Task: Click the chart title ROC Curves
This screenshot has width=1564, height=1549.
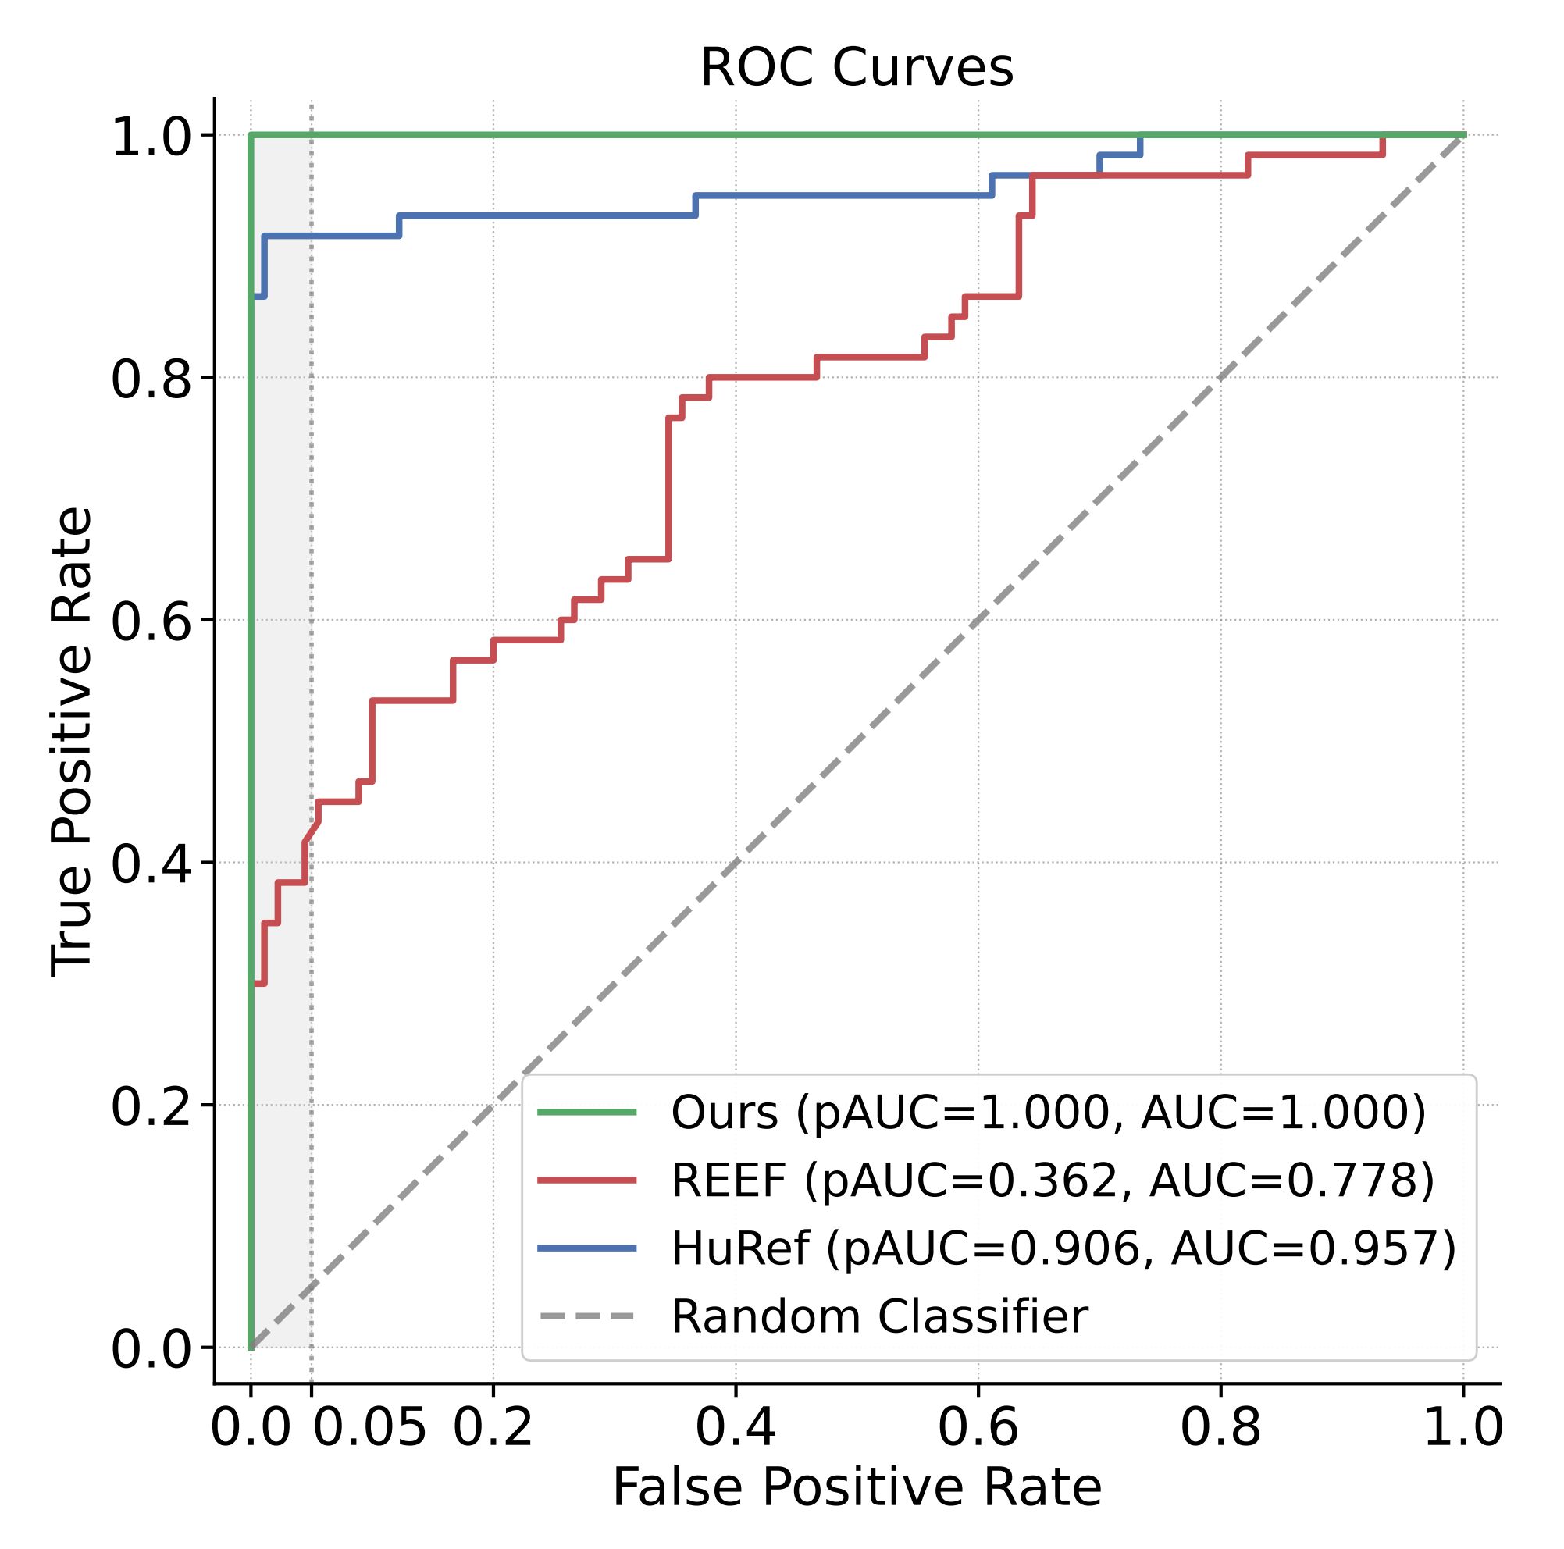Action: [x=857, y=68]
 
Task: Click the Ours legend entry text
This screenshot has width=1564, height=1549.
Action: [x=1049, y=1112]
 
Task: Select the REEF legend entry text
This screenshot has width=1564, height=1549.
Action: [x=1053, y=1180]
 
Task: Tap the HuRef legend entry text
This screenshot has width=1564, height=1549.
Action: [x=1063, y=1248]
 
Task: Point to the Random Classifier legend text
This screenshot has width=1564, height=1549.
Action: [x=879, y=1317]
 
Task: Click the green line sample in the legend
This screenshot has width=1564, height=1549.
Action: [x=587, y=1112]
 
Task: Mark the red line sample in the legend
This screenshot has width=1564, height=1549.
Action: [x=587, y=1180]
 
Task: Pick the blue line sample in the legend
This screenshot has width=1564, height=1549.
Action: [x=587, y=1248]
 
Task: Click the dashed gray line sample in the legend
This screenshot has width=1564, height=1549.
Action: [x=587, y=1317]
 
